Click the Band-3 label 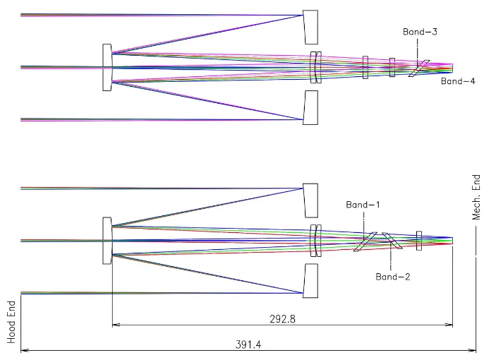tap(420, 32)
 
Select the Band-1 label tap(363, 205)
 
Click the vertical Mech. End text tap(476, 198)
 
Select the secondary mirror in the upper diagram tap(107, 67)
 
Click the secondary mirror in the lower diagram tap(107, 241)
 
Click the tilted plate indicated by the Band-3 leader tap(418, 68)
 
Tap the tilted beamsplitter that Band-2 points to tap(391, 241)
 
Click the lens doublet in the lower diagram tap(316, 241)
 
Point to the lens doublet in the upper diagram tap(316, 67)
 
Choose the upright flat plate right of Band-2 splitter tap(419, 241)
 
